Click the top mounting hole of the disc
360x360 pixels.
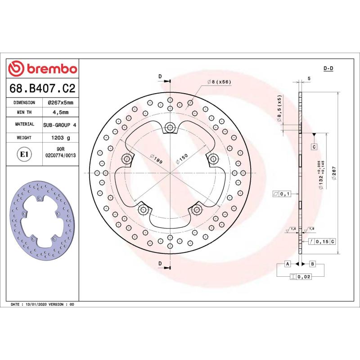coord(170,128)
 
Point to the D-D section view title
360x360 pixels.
coord(328,68)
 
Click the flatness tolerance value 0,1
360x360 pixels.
coord(283,194)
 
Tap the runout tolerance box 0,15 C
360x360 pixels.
coord(323,242)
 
